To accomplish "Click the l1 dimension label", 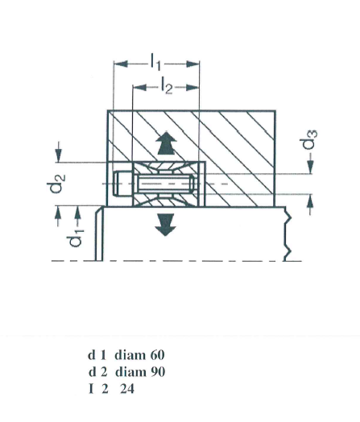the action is pyautogui.click(x=155, y=62).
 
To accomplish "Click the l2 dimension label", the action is pyautogui.click(x=167, y=85).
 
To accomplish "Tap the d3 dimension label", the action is pyautogui.click(x=310, y=139).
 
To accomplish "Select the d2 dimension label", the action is pyautogui.click(x=56, y=184).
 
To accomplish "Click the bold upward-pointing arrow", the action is pyautogui.click(x=167, y=143).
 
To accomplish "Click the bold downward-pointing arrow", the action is pyautogui.click(x=166, y=225).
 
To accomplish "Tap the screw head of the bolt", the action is pyautogui.click(x=122, y=184).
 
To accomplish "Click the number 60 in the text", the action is pyautogui.click(x=157, y=355).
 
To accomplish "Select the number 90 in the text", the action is pyautogui.click(x=158, y=372).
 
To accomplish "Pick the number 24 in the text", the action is pyautogui.click(x=127, y=389).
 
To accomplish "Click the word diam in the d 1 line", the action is pyautogui.click(x=130, y=355).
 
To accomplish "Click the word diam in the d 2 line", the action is pyautogui.click(x=131, y=372).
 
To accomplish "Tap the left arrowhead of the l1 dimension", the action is pyautogui.click(x=121, y=64).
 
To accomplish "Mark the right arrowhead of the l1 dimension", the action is pyautogui.click(x=192, y=64).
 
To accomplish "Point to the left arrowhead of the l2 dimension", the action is pyautogui.click(x=140, y=88).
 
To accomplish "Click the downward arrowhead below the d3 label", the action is pyautogui.click(x=311, y=167).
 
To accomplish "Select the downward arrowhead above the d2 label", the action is pyautogui.click(x=59, y=155).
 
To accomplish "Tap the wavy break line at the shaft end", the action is pyautogui.click(x=288, y=234).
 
